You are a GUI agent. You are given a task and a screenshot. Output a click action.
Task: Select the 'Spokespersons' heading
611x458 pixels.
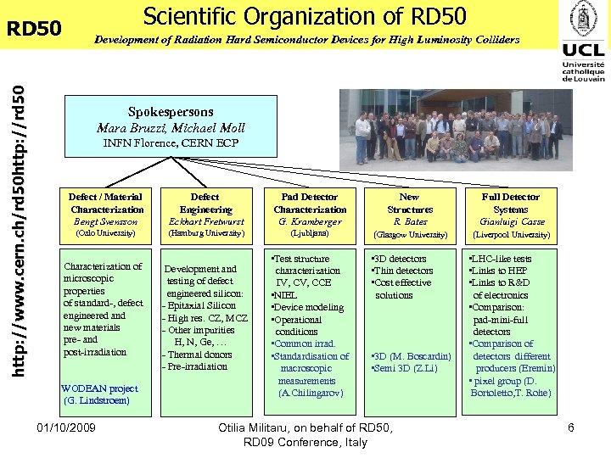(171, 112)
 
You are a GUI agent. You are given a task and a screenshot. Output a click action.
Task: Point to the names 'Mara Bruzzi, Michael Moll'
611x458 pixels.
(171, 128)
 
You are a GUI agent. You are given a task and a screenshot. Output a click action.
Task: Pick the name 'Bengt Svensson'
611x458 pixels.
(107, 221)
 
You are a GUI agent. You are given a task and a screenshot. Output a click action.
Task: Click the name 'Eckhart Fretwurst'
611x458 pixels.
(205, 221)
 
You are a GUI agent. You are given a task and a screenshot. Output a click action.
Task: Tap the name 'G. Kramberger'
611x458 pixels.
(310, 221)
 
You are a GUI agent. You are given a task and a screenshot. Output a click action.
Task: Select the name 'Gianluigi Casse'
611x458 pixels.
(510, 221)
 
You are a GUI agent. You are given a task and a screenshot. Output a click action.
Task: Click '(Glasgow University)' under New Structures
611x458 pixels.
(410, 235)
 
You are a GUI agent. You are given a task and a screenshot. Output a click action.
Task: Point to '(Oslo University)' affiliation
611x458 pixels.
(106, 232)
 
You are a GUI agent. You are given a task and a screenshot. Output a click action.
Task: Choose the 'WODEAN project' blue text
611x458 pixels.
(99, 388)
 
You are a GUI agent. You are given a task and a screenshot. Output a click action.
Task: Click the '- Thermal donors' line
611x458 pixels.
(196, 355)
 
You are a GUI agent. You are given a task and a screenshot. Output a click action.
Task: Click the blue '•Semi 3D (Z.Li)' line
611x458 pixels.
(405, 368)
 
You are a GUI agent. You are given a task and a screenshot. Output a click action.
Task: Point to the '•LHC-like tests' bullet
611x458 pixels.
(501, 259)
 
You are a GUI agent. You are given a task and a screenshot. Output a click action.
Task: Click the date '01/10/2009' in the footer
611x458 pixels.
(67, 427)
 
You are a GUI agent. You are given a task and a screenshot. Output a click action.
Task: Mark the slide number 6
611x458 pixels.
(571, 427)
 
